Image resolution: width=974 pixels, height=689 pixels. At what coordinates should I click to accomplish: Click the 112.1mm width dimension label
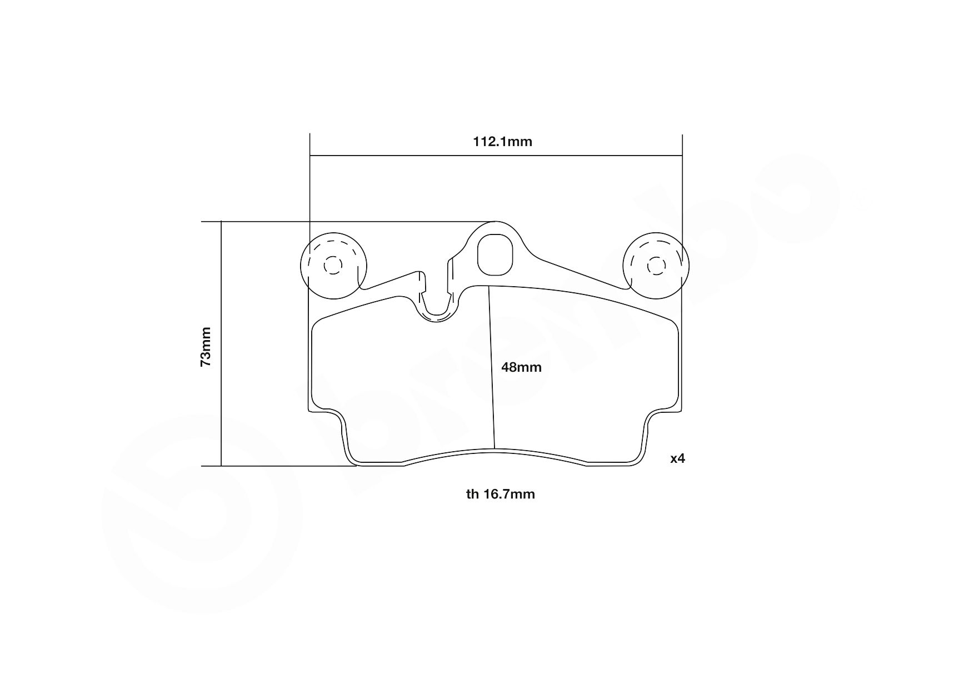tap(502, 142)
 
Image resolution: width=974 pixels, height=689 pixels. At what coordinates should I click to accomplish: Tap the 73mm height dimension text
tap(206, 346)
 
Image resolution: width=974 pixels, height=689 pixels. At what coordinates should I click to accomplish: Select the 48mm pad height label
tap(521, 367)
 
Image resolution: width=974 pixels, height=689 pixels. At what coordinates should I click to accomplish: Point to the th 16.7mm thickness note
tap(501, 494)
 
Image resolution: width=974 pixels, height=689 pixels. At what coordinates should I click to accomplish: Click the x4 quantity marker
tap(678, 459)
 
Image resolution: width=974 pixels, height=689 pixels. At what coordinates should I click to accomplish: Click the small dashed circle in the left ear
tap(333, 266)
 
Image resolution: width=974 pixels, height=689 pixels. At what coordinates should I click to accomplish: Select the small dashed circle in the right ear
tap(656, 266)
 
